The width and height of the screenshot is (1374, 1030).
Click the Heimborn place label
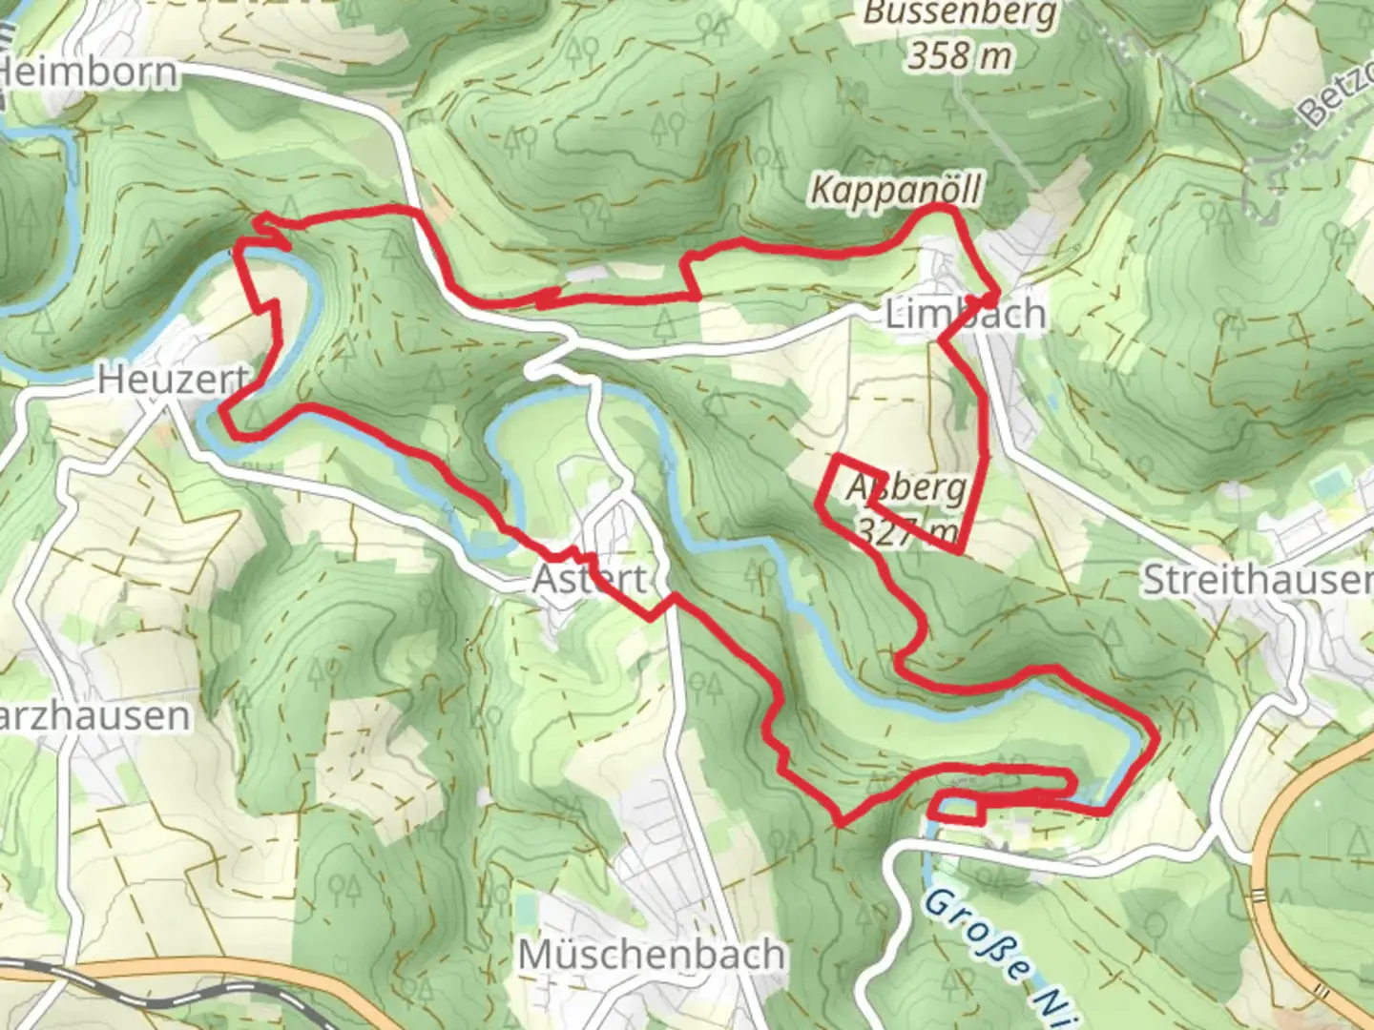coord(90,72)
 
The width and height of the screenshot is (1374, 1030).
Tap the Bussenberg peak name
coord(960,14)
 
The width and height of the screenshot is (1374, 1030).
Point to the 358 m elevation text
coord(959,56)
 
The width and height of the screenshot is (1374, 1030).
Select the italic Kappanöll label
coord(895,190)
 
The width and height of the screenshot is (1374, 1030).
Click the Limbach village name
coord(965,314)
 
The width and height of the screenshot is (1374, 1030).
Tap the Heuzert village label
coord(172,380)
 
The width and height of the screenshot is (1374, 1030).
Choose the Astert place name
coord(589,579)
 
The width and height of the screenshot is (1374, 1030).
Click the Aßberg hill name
coord(906,487)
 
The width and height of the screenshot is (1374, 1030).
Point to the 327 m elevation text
coord(906,530)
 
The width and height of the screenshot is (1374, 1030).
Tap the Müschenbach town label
coord(652,954)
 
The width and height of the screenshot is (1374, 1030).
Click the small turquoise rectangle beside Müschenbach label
coord(524,906)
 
